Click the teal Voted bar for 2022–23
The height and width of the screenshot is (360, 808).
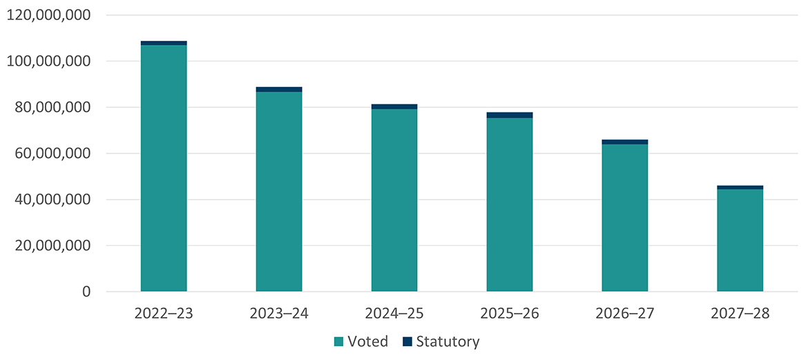pyautogui.click(x=164, y=168)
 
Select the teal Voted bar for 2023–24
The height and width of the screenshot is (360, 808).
pyautogui.click(x=279, y=191)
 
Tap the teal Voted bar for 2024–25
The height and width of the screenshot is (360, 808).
pyautogui.click(x=394, y=200)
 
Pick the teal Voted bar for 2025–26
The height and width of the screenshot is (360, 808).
pyautogui.click(x=510, y=205)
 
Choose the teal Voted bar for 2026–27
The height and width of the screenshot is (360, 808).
pyautogui.click(x=625, y=218)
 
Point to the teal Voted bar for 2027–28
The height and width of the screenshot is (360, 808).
pyautogui.click(x=740, y=240)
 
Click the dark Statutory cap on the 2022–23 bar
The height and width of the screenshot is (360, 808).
pyautogui.click(x=164, y=43)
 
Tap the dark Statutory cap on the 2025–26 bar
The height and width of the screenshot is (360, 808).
pyautogui.click(x=510, y=115)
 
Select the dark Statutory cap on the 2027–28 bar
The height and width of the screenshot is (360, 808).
pyautogui.click(x=740, y=187)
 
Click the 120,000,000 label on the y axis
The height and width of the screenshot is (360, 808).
pyautogui.click(x=48, y=15)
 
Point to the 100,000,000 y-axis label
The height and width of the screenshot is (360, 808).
pyautogui.click(x=48, y=61)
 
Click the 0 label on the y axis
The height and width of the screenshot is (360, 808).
pyautogui.click(x=86, y=292)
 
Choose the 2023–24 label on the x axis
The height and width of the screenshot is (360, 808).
pyautogui.click(x=279, y=314)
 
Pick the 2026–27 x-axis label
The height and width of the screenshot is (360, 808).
pyautogui.click(x=625, y=314)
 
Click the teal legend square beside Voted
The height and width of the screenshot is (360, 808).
pyautogui.click(x=338, y=341)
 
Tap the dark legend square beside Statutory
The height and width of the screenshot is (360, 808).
pyautogui.click(x=407, y=341)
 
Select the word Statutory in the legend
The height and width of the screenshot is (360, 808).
pyautogui.click(x=448, y=341)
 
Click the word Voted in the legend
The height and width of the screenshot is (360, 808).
pyautogui.click(x=368, y=341)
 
